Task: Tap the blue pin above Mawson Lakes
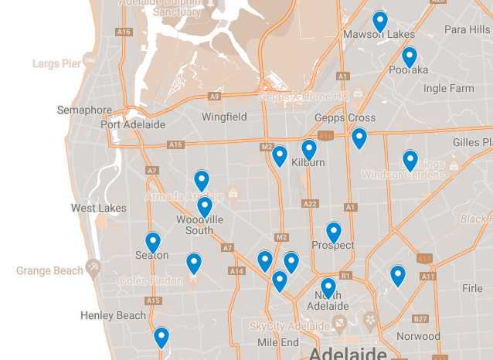pyautogui.click(x=379, y=21)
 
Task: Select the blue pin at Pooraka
pyautogui.click(x=410, y=57)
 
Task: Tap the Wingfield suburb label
pyautogui.click(x=224, y=117)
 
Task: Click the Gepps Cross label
pyautogui.click(x=345, y=118)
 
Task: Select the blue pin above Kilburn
pyautogui.click(x=309, y=149)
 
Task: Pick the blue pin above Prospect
pyautogui.click(x=334, y=232)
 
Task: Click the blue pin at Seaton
pyautogui.click(x=153, y=243)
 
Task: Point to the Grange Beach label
pyautogui.click(x=49, y=271)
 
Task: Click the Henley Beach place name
pyautogui.click(x=113, y=315)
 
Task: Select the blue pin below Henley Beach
pyautogui.click(x=161, y=338)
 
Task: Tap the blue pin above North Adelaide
pyautogui.click(x=328, y=288)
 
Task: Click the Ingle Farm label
pyautogui.click(x=449, y=89)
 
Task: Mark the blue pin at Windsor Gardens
pyautogui.click(x=410, y=161)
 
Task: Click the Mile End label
pyautogui.click(x=278, y=342)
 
